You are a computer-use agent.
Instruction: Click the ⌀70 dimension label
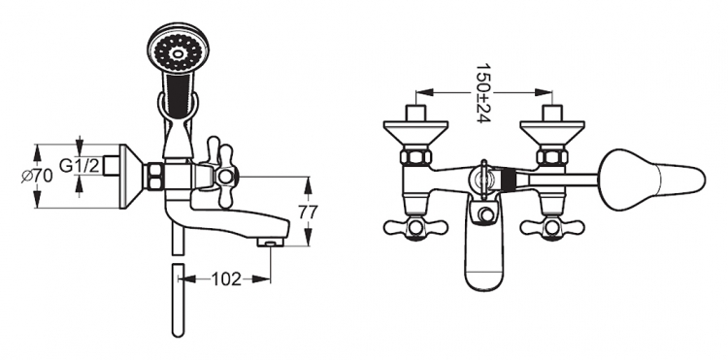tap(37, 177)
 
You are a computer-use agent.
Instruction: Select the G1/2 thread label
tap(80, 165)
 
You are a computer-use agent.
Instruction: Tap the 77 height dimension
tap(309, 212)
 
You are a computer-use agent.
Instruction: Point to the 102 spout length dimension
tap(226, 278)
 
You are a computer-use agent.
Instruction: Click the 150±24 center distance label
tap(482, 93)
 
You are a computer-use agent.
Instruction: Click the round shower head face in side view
tap(178, 48)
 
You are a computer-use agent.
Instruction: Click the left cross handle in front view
tap(415, 227)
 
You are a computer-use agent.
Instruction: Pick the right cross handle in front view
tap(552, 227)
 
